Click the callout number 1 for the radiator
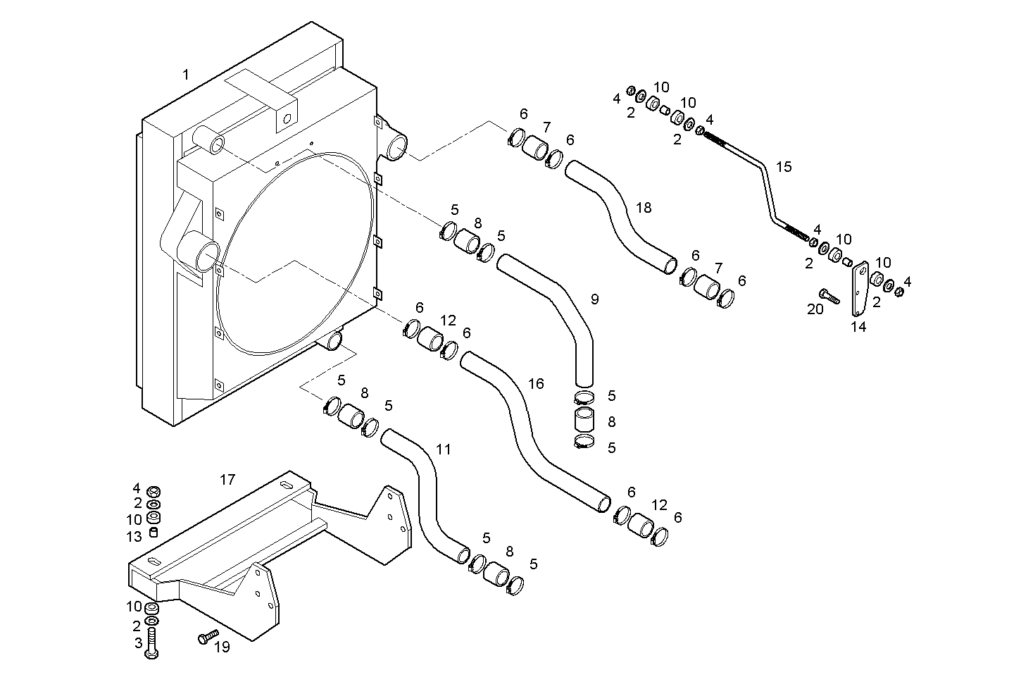[x=186, y=75]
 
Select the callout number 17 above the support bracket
[x=227, y=480]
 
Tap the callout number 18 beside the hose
[x=644, y=208]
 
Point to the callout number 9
[x=595, y=299]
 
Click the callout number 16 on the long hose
[x=536, y=384]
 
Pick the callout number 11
[x=443, y=449]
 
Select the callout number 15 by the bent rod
[x=784, y=167]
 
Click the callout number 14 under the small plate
[x=858, y=327]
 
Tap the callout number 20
[x=815, y=309]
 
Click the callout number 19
[x=222, y=647]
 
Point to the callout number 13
[x=134, y=537]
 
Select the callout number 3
[x=137, y=643]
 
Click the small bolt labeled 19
[x=204, y=638]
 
